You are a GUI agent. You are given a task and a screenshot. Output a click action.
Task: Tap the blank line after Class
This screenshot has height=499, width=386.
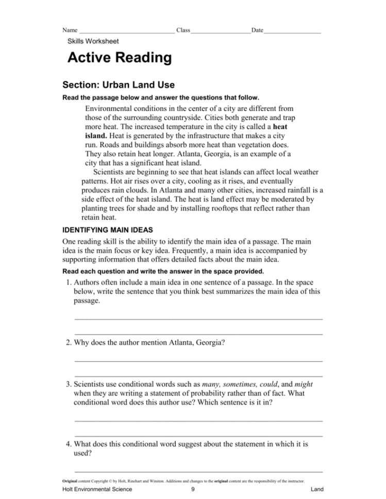click(x=221, y=31)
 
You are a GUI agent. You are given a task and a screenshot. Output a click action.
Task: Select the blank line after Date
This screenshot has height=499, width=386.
click(x=292, y=31)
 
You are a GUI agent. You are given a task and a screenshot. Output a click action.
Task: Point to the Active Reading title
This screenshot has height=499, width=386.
click(x=120, y=58)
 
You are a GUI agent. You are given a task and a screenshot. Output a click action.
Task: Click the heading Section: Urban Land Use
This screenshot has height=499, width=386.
click(x=118, y=84)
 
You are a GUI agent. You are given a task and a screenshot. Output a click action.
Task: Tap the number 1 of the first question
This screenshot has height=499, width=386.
click(x=68, y=282)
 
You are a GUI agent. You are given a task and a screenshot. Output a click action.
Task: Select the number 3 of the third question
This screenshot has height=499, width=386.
click(x=68, y=384)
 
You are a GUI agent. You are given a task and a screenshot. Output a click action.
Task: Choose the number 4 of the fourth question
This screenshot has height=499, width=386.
click(x=68, y=444)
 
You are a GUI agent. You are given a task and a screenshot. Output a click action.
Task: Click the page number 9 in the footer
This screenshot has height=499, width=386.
click(x=192, y=490)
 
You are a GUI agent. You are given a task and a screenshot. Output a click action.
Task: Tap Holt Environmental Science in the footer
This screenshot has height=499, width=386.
click(x=96, y=490)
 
